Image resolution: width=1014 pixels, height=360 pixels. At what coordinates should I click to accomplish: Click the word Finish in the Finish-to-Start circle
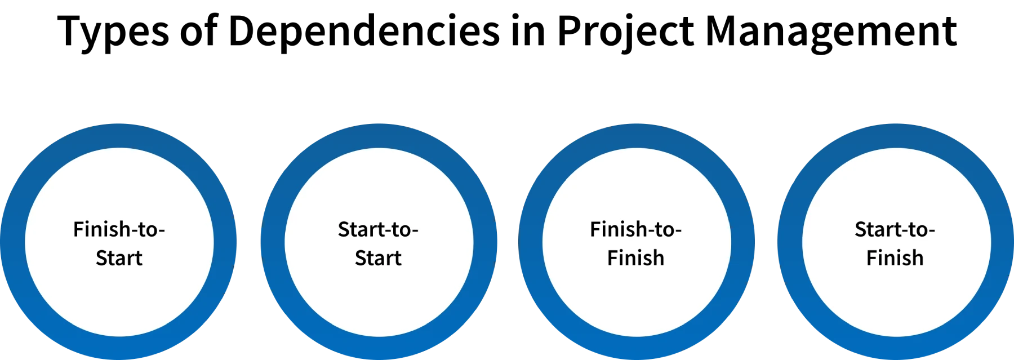coord(102,229)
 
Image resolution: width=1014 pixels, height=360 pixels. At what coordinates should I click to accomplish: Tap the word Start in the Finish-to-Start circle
coord(119,258)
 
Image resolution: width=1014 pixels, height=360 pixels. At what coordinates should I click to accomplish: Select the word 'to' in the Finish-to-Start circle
coord(148,230)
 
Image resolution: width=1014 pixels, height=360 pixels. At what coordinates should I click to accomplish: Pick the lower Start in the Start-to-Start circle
coord(378,258)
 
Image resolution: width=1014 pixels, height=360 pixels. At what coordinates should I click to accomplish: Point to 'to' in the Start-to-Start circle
coord(401,230)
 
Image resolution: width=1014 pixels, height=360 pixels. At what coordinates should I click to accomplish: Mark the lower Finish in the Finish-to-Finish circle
coord(635,258)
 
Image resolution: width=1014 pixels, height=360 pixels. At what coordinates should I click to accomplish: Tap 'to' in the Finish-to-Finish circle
coord(664,230)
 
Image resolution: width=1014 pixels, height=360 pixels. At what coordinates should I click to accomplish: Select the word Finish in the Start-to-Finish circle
coord(895,258)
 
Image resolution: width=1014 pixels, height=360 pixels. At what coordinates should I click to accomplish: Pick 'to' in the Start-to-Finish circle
coord(918,230)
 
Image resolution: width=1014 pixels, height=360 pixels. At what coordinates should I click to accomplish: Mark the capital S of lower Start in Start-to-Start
coord(361,258)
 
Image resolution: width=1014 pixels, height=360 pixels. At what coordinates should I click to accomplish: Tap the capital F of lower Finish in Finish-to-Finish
coord(611,258)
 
